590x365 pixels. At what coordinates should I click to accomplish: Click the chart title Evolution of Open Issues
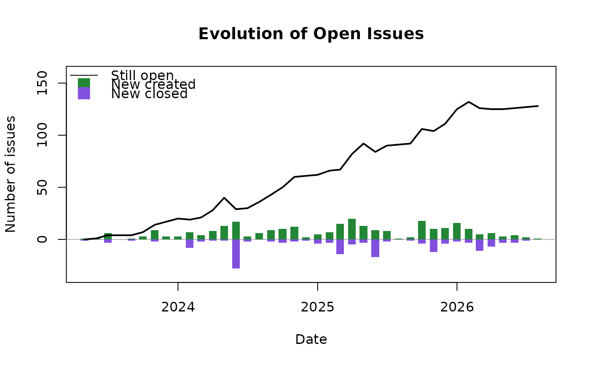tap(311, 34)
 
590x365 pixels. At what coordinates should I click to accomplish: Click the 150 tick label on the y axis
tap(42, 83)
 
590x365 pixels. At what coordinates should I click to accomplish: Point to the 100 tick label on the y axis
tap(42, 135)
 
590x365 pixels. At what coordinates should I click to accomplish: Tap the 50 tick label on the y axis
tap(42, 187)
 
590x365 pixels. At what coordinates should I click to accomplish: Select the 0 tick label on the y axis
tap(42, 239)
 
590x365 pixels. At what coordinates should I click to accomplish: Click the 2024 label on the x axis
tap(178, 307)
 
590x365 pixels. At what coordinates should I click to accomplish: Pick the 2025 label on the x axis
tap(317, 307)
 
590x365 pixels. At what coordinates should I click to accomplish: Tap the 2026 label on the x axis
tap(457, 307)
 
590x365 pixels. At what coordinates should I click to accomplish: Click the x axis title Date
tap(311, 339)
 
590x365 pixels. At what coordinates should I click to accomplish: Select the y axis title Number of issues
tap(11, 174)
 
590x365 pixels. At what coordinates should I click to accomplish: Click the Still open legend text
tap(142, 75)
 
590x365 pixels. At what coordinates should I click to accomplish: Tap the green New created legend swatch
tap(84, 83)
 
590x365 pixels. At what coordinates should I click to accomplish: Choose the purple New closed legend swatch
tap(84, 93)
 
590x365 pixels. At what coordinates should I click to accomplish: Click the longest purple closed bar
tap(236, 254)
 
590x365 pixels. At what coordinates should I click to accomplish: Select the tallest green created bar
tap(352, 229)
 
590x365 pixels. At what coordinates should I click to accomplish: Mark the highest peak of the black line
tap(469, 102)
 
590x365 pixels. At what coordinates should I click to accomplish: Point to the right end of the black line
tap(538, 106)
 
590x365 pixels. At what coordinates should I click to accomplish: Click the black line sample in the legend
tap(84, 75)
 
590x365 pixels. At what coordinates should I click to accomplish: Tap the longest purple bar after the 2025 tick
tap(375, 248)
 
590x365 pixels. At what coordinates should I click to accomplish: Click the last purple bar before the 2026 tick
tap(445, 242)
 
